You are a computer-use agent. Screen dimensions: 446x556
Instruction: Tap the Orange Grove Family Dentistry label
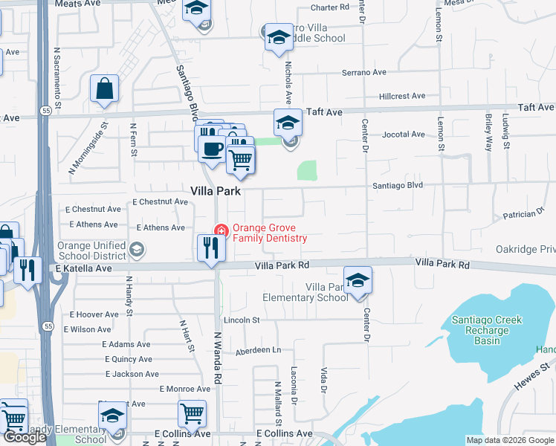[269, 233]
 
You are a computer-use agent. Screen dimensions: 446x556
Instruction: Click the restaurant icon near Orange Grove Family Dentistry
[211, 248]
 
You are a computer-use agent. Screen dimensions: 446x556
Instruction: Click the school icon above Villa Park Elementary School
[358, 280]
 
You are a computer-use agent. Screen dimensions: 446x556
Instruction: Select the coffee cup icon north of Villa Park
[211, 149]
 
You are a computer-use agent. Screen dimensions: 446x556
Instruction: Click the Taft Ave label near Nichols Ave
[324, 111]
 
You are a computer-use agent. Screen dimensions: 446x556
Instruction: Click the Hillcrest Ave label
[401, 96]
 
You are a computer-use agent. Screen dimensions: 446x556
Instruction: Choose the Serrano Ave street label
[364, 73]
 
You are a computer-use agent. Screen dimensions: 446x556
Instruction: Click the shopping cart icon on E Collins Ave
[192, 414]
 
